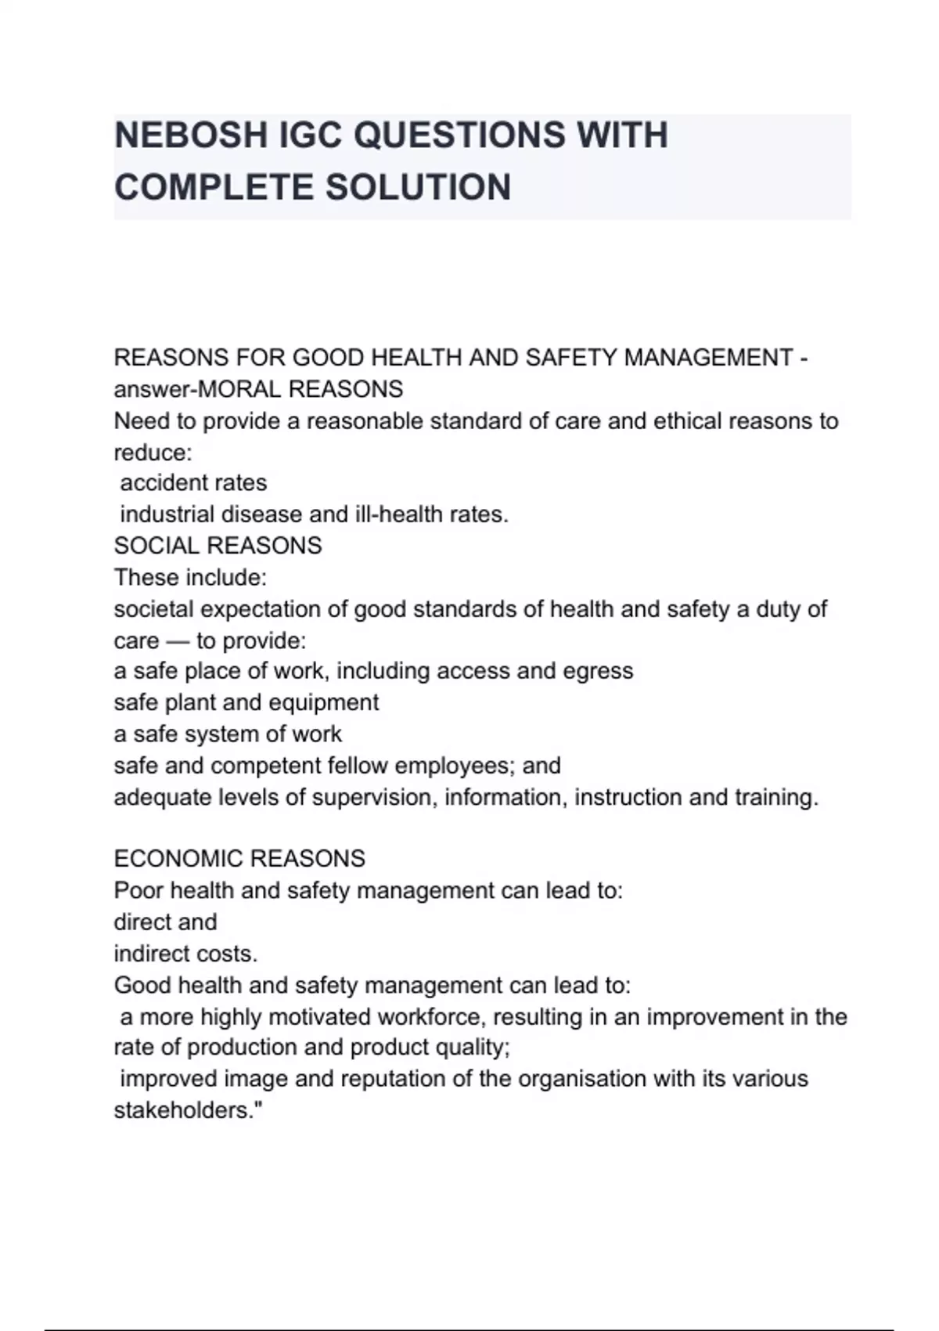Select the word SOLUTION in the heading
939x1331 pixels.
tap(418, 188)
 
